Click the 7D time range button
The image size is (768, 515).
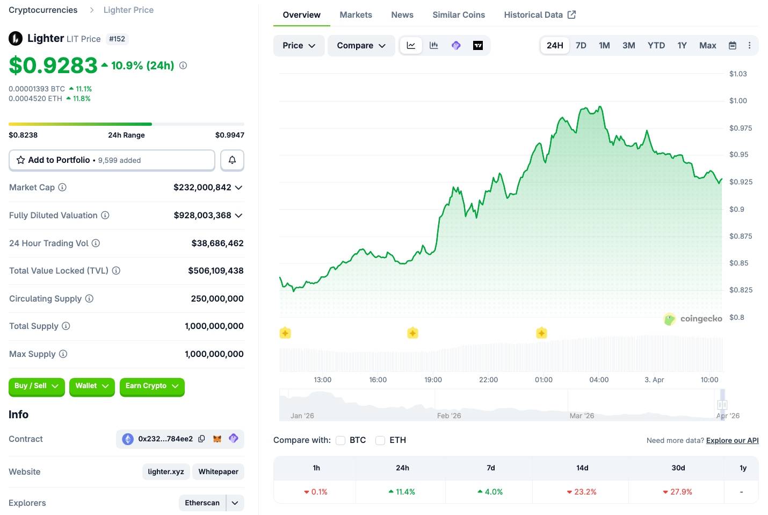pos(581,46)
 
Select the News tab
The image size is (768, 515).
pos(402,15)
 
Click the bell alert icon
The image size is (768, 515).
pos(232,160)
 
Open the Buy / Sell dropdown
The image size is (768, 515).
pos(37,386)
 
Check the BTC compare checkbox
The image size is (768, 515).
pos(340,440)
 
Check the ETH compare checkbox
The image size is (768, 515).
pos(380,440)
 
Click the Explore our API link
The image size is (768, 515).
pos(732,440)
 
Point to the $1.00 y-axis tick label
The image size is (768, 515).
pos(738,101)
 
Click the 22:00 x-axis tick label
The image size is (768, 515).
pos(488,380)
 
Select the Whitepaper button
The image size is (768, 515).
pos(218,471)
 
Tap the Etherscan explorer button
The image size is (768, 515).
pos(202,503)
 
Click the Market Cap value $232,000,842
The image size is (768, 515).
pos(202,188)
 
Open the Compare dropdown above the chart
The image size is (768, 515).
pos(361,46)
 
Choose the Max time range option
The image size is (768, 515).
pos(707,46)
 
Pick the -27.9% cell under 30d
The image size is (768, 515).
pos(678,492)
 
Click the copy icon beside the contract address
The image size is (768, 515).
pos(201,439)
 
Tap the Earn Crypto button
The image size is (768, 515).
pos(152,386)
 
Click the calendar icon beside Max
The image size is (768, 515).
pos(732,46)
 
